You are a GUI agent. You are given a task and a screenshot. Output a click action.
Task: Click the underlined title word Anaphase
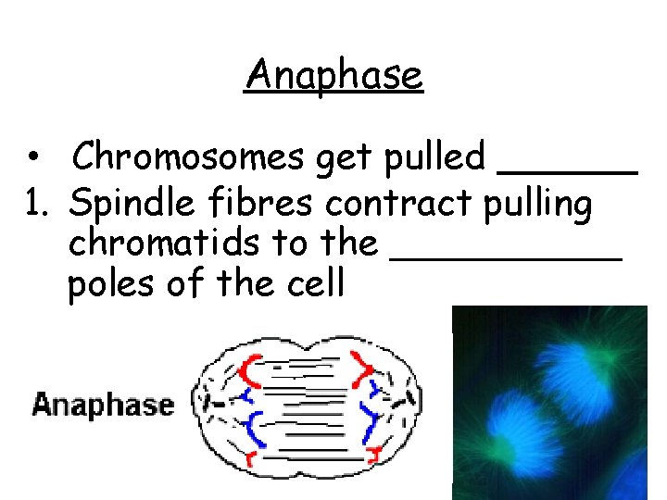[x=333, y=74]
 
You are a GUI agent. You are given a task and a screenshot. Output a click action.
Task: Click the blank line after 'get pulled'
[x=568, y=170]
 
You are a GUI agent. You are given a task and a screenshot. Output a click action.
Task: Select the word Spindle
[x=126, y=205]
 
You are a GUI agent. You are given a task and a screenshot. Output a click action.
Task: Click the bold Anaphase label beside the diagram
[x=102, y=406]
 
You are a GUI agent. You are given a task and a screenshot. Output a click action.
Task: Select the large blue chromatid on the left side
[x=252, y=428]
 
